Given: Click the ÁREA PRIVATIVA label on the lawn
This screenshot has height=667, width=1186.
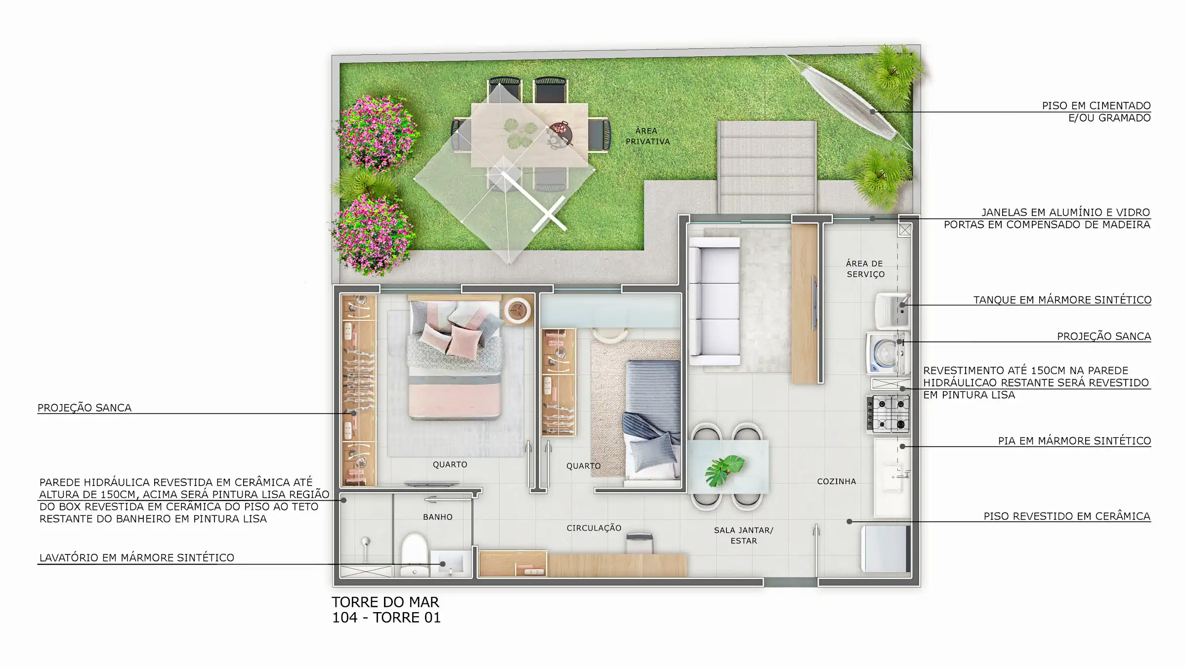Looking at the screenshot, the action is coord(647,136).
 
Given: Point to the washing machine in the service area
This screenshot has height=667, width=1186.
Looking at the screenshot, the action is coord(888,354).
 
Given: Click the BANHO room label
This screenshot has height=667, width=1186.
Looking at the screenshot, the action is coord(438,517).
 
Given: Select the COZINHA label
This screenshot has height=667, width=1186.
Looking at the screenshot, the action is coord(836,481).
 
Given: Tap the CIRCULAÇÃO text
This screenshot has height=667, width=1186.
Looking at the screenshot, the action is coord(594,528).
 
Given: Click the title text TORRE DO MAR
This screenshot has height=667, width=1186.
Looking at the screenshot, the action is coord(385,602).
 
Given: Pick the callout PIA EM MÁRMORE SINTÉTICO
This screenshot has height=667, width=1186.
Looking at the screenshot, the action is coord(1074,441).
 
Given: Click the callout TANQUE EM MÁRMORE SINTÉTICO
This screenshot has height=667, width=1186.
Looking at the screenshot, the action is coord(1062,300).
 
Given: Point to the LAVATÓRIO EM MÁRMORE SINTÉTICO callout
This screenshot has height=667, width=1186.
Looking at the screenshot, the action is coord(137,558).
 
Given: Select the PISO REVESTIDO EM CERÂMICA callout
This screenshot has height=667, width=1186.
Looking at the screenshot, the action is coord(1067,516).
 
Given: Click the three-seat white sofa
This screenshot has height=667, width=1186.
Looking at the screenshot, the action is coord(714,301).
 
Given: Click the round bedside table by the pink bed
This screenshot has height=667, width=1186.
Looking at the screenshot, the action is coord(517,310).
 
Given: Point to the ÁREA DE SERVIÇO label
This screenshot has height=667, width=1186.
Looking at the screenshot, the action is coord(865,269).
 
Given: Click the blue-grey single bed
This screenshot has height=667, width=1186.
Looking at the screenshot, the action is coord(652,420).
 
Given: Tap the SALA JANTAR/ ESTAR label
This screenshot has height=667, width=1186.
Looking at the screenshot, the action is coord(743,536).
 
